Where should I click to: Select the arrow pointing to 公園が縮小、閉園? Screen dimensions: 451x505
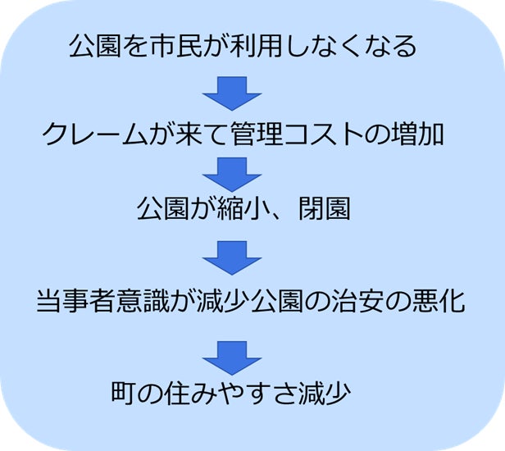tap(231, 171)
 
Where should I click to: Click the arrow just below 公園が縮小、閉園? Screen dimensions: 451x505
tap(231, 255)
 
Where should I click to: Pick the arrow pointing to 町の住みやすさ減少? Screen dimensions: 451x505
tap(231, 350)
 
